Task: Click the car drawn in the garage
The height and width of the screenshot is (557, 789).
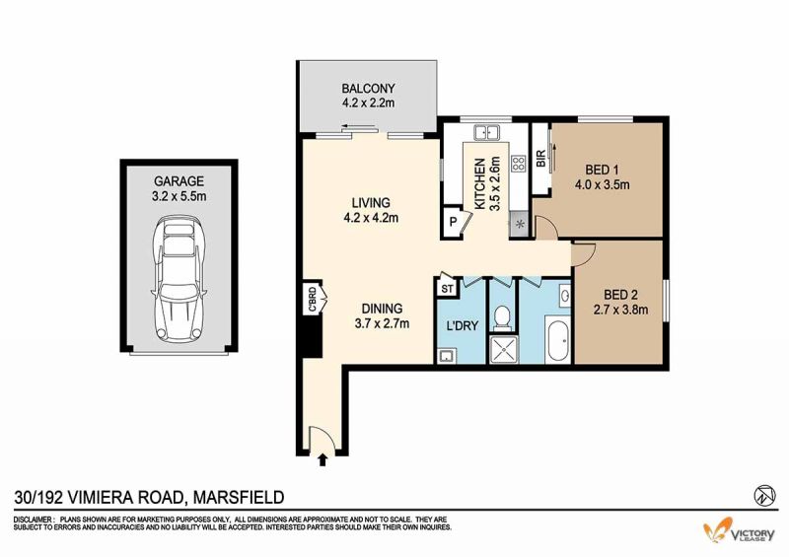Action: pyautogui.click(x=179, y=279)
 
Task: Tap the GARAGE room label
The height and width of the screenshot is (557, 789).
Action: pyautogui.click(x=179, y=180)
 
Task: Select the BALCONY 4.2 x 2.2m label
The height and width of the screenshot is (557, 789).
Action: pyautogui.click(x=368, y=96)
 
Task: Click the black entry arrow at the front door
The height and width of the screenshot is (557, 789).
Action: pyautogui.click(x=323, y=459)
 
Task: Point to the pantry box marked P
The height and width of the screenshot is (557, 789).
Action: pyautogui.click(x=453, y=222)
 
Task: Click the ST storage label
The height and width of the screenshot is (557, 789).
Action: pyautogui.click(x=447, y=289)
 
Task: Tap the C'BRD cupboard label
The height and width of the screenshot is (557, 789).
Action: pyautogui.click(x=312, y=299)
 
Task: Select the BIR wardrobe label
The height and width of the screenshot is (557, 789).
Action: pyautogui.click(x=541, y=159)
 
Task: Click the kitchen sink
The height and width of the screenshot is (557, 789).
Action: pyautogui.click(x=485, y=132)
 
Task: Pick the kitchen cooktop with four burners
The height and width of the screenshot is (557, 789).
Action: pyautogui.click(x=519, y=163)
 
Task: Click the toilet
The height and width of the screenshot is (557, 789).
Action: pyautogui.click(x=502, y=318)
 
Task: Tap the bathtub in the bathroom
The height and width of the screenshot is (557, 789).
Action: pyautogui.click(x=558, y=343)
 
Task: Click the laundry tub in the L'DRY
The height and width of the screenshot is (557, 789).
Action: pyautogui.click(x=446, y=357)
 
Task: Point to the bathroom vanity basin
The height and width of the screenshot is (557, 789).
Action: pyautogui.click(x=564, y=296)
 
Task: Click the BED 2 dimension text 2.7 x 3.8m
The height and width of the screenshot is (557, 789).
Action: pyautogui.click(x=621, y=310)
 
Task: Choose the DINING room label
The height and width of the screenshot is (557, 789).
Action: pyautogui.click(x=382, y=309)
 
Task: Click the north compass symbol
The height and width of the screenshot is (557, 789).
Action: pyautogui.click(x=764, y=495)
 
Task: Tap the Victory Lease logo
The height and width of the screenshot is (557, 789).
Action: pyautogui.click(x=739, y=531)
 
